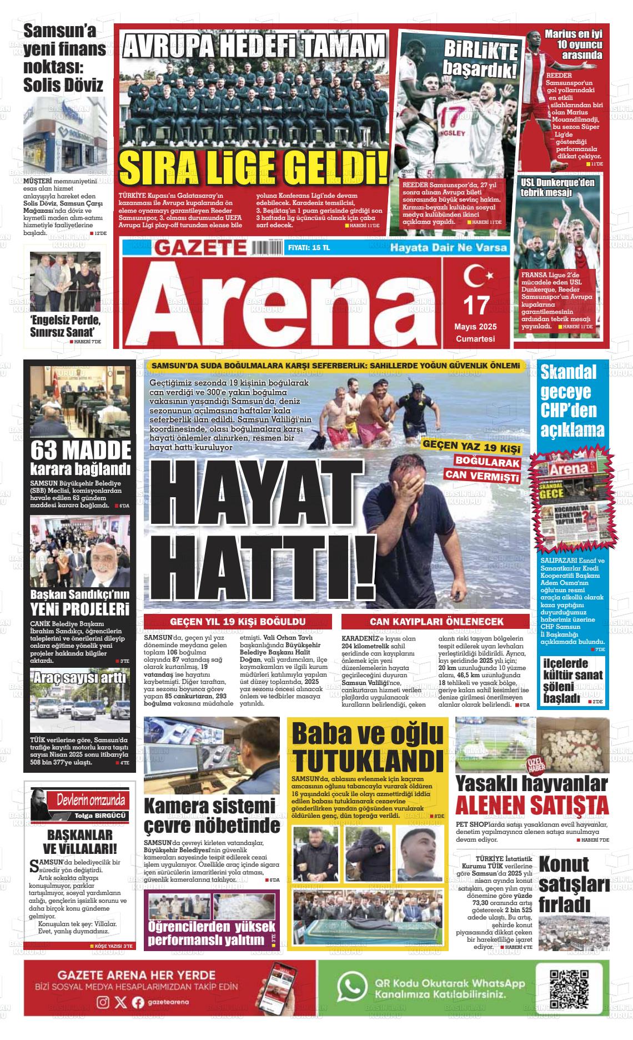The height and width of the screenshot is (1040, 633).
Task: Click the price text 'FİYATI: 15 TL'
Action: pos(309,248)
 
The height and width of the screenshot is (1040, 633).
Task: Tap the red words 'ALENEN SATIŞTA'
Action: pos(531,805)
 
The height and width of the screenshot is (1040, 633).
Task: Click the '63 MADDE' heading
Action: pos(81,449)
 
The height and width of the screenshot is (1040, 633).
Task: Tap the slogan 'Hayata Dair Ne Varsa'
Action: pos(449,247)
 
